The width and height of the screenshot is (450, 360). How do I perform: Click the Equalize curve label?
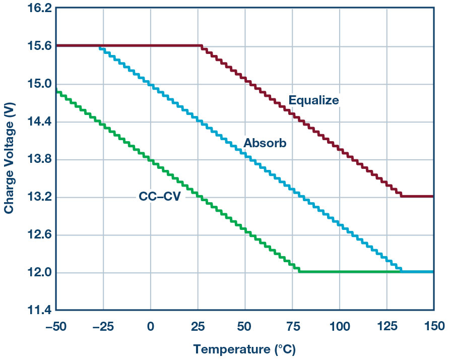[313, 100]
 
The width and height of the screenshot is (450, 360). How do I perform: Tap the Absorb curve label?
[265, 143]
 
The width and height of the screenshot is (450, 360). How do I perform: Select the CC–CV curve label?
[159, 196]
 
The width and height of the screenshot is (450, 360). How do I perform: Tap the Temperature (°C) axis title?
[244, 349]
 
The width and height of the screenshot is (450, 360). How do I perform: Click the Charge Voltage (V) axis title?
[9, 159]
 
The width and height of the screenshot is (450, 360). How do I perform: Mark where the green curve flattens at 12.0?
[300, 272]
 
